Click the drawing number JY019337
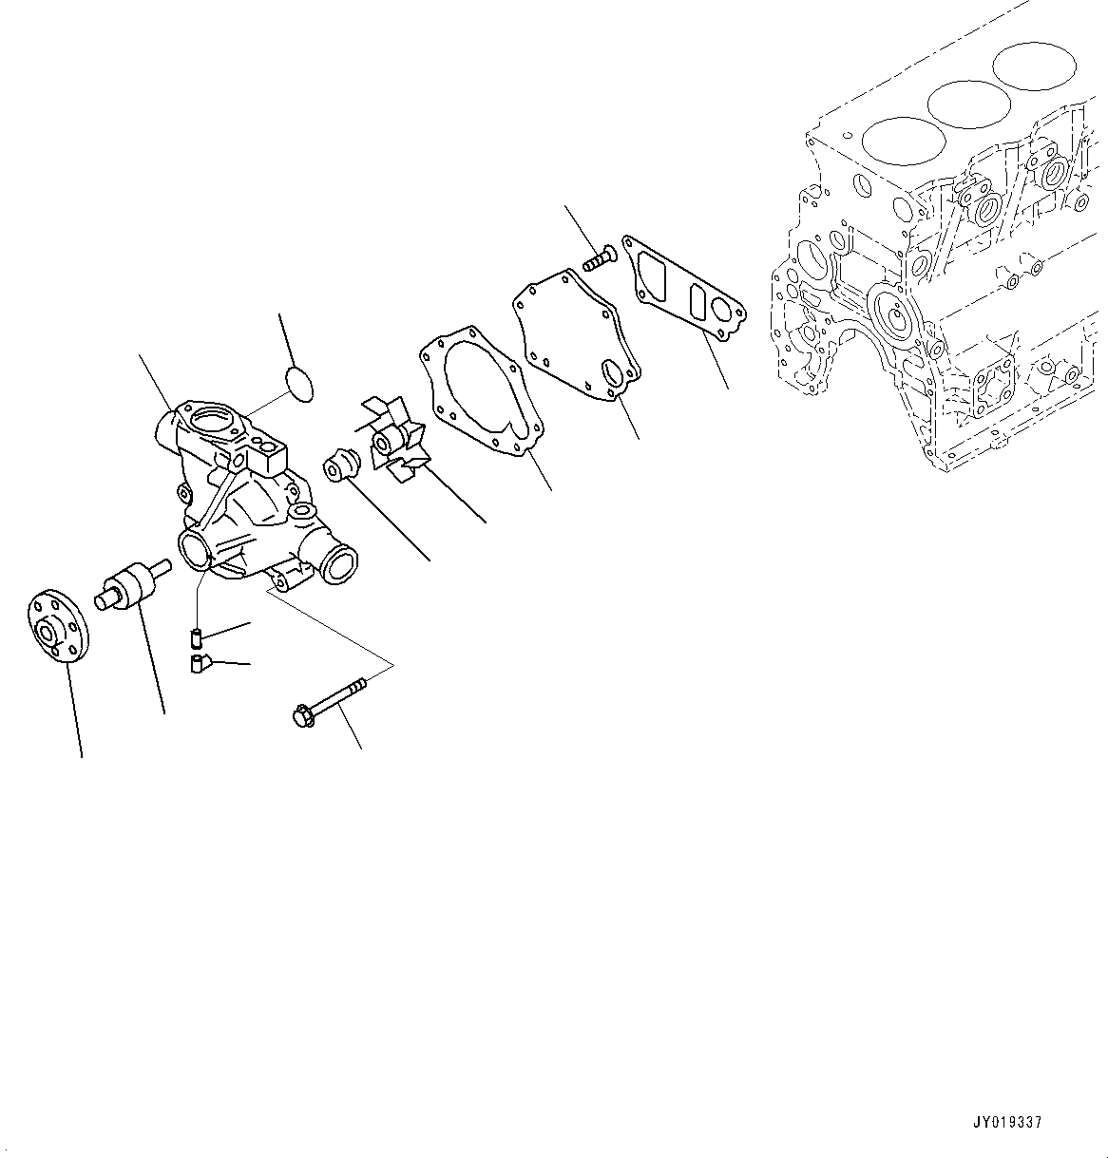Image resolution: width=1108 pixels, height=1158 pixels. (1006, 1122)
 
